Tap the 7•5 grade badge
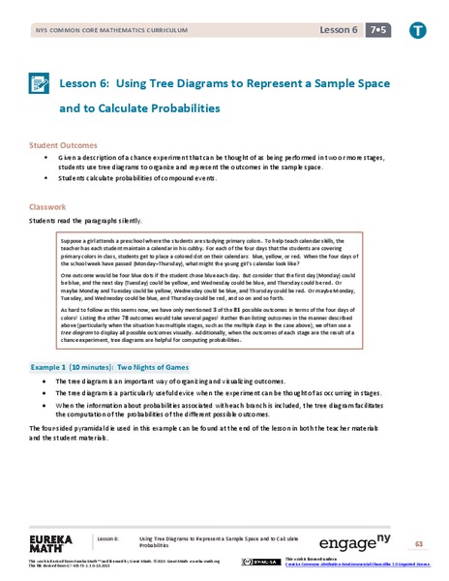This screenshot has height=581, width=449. [x=378, y=30]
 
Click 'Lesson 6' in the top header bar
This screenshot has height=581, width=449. [x=339, y=30]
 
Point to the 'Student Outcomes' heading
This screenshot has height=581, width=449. [x=63, y=144]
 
